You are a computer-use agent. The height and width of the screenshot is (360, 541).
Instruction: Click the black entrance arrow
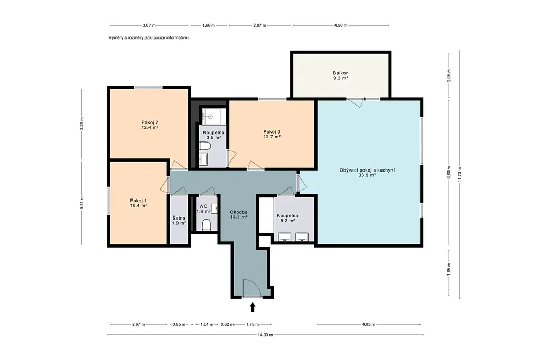[x=253, y=307]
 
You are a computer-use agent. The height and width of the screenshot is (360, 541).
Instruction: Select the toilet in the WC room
[x=207, y=225]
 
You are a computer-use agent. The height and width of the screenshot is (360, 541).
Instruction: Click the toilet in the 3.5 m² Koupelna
[x=204, y=147]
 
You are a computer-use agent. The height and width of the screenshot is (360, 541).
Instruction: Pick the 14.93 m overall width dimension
[x=265, y=335]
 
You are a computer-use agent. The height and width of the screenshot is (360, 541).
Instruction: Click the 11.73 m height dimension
[x=459, y=175]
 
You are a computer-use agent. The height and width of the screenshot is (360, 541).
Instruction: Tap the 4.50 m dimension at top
[x=341, y=25]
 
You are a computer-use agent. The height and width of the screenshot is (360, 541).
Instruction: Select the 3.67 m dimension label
[x=149, y=25]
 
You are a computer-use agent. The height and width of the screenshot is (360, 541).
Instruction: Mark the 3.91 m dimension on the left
[x=82, y=203]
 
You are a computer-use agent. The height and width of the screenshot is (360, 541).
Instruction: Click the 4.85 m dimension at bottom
[x=368, y=324]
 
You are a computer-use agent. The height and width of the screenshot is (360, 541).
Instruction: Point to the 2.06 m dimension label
[x=449, y=75]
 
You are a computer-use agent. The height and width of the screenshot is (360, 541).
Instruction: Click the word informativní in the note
[x=178, y=37]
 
